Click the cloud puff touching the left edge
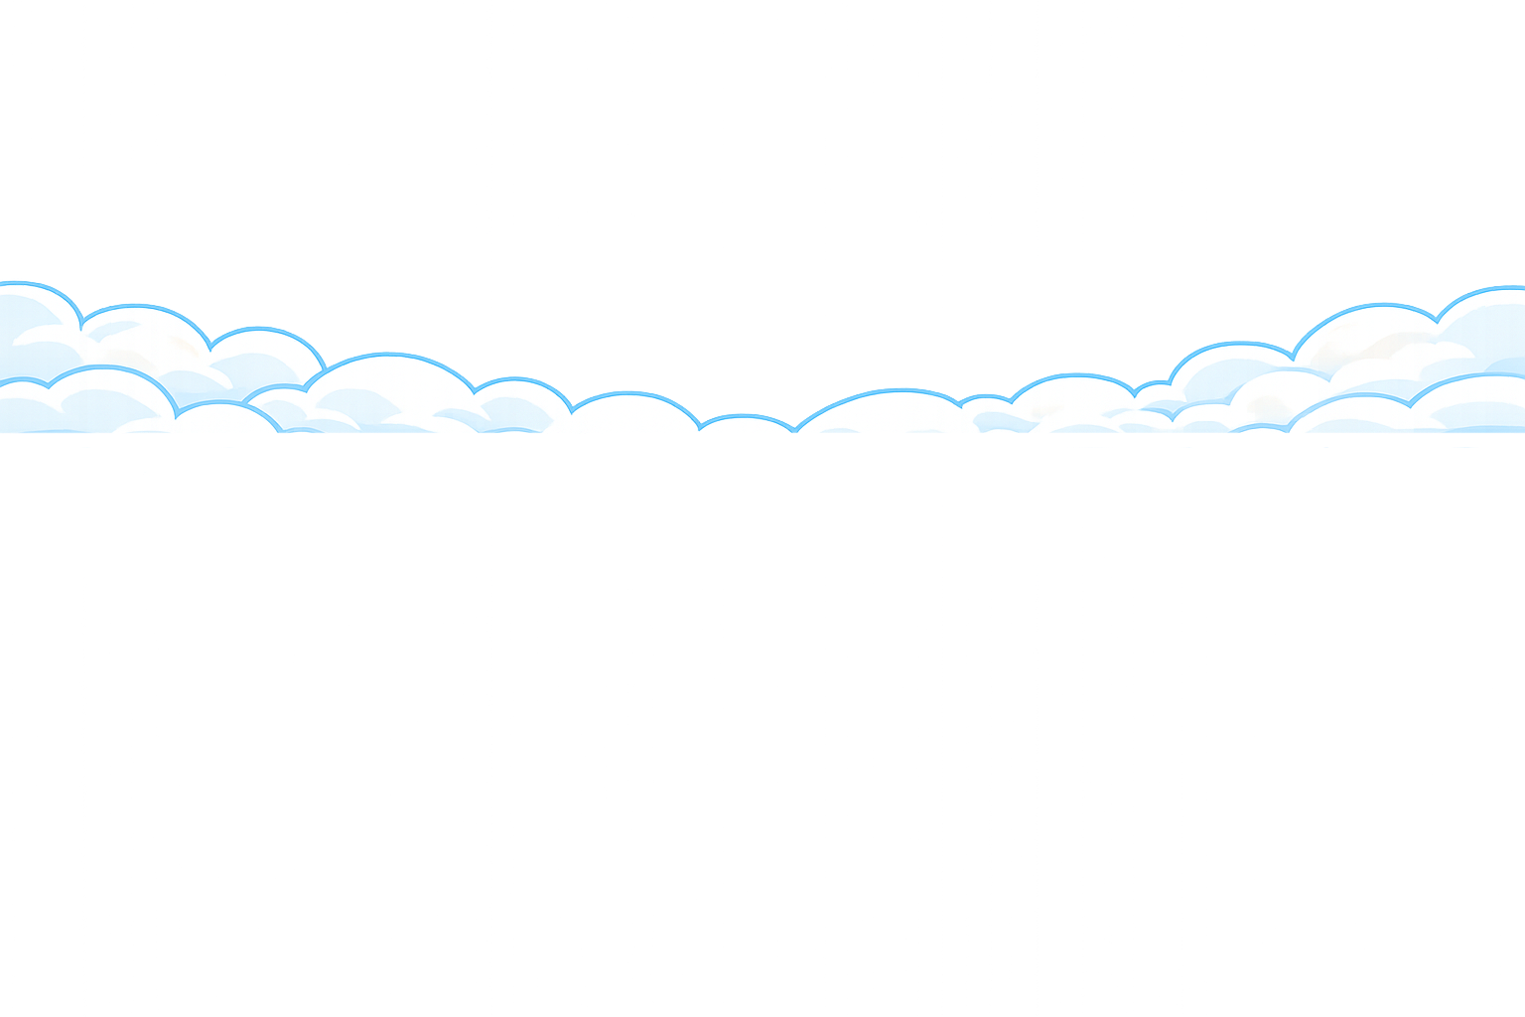[30, 318]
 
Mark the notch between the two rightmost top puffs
[1437, 320]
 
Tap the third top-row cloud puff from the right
[1231, 367]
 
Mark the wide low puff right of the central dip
[879, 412]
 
